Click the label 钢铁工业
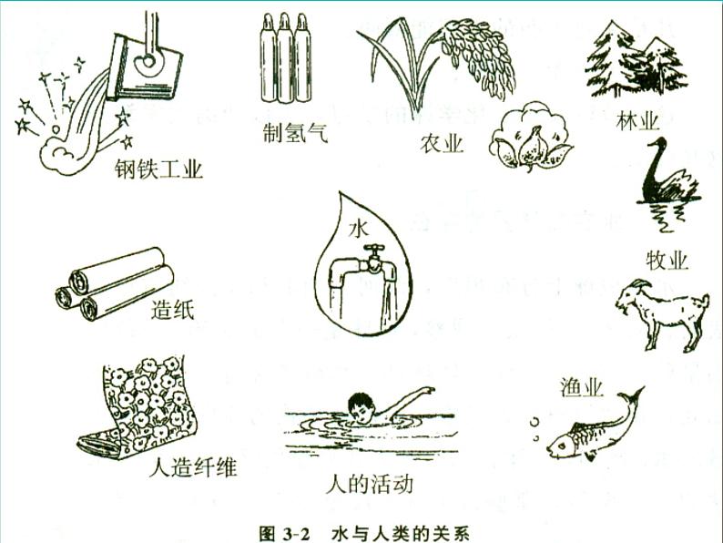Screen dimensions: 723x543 tap(158, 169)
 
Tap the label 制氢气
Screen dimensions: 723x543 tap(295, 133)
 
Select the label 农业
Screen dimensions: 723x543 tap(442, 144)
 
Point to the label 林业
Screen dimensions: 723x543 tap(637, 121)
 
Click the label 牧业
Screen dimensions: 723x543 tap(667, 261)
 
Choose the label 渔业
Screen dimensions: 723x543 tap(582, 387)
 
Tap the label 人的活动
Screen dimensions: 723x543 tap(370, 484)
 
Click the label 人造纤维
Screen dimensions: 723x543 tap(193, 467)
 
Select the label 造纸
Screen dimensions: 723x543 tap(172, 310)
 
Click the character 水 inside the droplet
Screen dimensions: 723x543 tap(359, 229)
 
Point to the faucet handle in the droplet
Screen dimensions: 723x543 tap(373, 250)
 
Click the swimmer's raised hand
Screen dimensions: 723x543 tap(428, 390)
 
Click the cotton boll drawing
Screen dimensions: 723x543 tap(530, 136)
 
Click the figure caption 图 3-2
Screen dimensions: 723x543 tap(286, 533)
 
